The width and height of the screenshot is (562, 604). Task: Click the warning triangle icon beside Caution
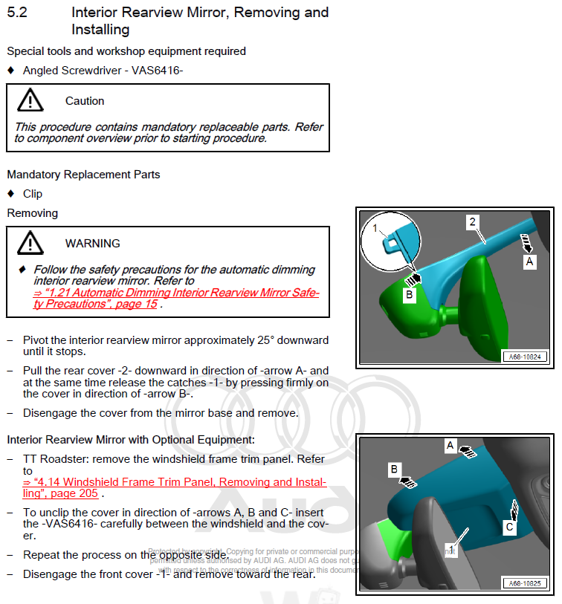click(30, 100)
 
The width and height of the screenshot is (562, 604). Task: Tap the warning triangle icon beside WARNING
click(30, 243)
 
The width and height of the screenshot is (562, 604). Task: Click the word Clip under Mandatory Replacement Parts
click(33, 193)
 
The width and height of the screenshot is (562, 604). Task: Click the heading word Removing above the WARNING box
click(32, 212)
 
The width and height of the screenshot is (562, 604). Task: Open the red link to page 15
click(175, 293)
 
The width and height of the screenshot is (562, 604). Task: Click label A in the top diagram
click(529, 262)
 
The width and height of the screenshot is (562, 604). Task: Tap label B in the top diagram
click(408, 295)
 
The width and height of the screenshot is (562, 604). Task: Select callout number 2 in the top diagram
click(471, 221)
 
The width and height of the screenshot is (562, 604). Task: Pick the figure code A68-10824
click(527, 357)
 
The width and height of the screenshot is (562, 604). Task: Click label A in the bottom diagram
click(450, 445)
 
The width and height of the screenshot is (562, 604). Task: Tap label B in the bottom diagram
click(394, 470)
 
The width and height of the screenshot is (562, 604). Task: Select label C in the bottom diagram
click(509, 527)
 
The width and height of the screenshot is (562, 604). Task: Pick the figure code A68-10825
click(527, 583)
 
